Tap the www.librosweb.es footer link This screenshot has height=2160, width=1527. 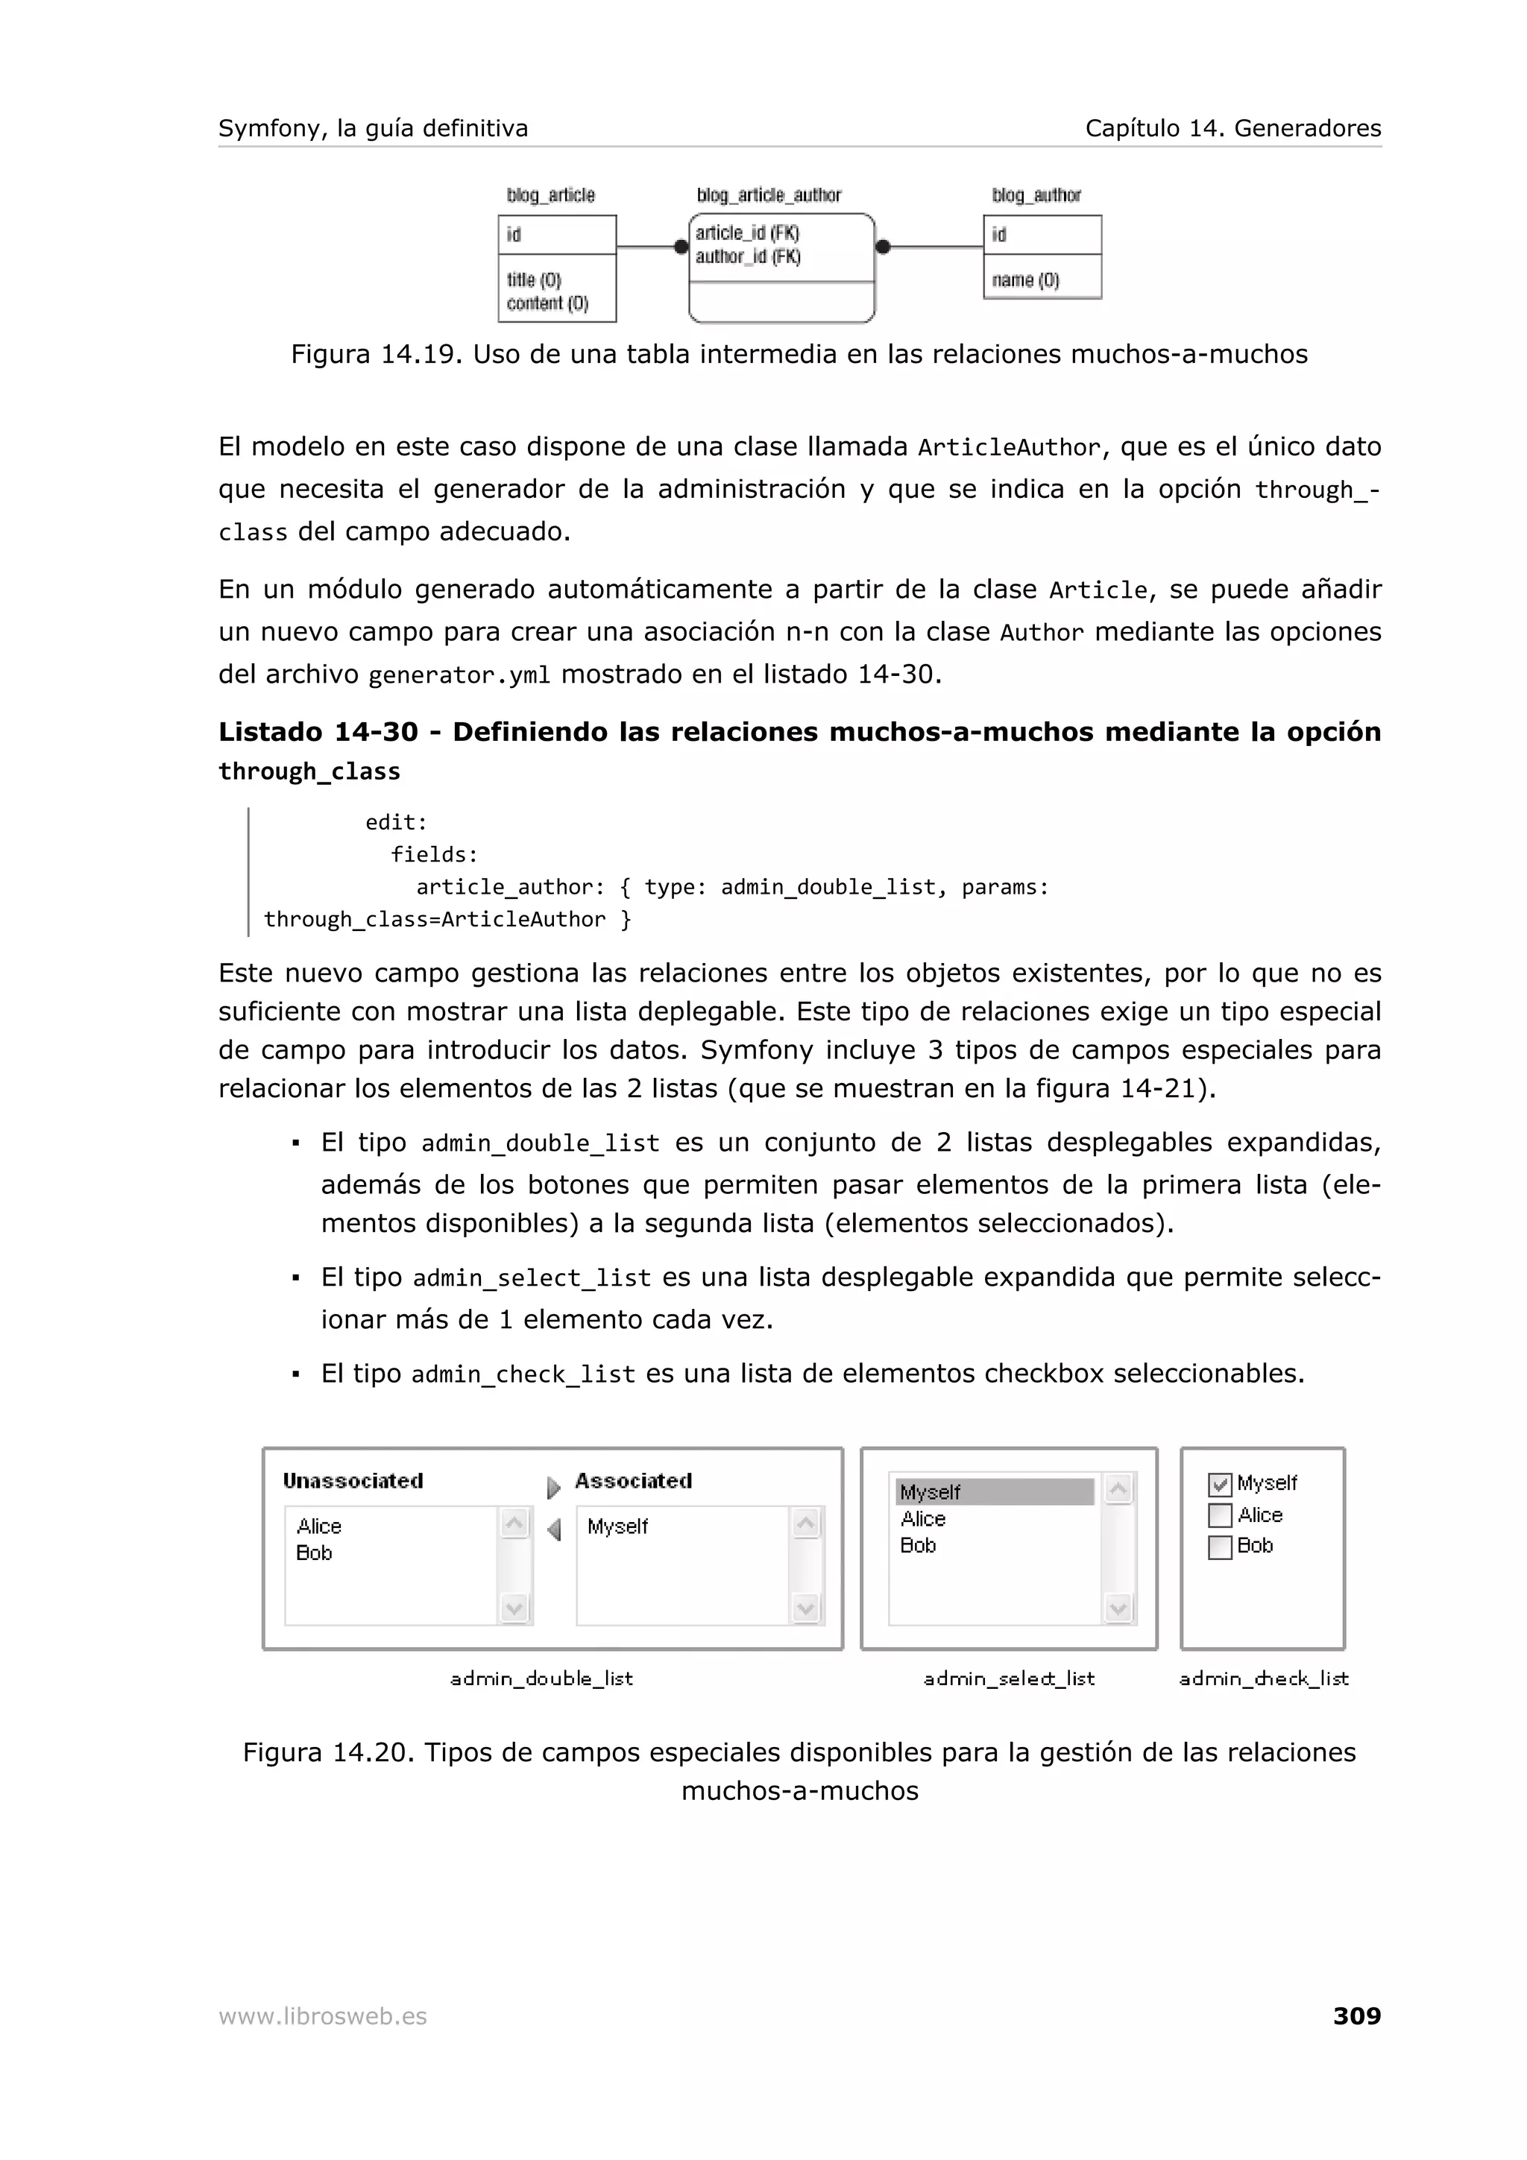pos(322,2016)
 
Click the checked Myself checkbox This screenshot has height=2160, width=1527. pos(1219,1485)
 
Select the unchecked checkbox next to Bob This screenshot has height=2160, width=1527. pos(1219,1547)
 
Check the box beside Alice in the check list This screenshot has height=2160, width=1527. pos(1219,1515)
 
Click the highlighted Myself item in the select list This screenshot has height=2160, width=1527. pos(994,1492)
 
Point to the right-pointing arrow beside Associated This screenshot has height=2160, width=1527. pos(553,1488)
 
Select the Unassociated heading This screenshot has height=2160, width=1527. pos(353,1481)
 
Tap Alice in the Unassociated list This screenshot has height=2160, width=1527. pos(319,1526)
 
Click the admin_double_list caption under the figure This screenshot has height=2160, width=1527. pos(541,1679)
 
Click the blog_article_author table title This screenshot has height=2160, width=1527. pos(769,195)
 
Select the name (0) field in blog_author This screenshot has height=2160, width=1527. pos(1024,280)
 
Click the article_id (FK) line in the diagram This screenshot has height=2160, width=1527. pos(747,233)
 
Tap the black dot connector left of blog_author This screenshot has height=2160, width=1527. pos(883,247)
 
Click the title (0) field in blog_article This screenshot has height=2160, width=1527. pos(533,280)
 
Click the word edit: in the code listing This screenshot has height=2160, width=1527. pos(396,822)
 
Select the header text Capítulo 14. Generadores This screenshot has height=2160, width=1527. pos(1232,128)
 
